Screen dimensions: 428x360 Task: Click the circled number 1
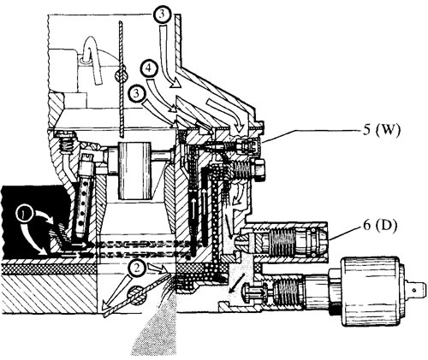pyautogui.click(x=24, y=215)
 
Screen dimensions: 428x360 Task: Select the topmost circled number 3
pyautogui.click(x=162, y=15)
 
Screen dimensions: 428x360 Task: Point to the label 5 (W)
pyautogui.click(x=382, y=130)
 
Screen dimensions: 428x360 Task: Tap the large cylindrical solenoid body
pyautogui.click(x=371, y=292)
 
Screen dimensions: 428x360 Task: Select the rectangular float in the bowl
pyautogui.click(x=134, y=170)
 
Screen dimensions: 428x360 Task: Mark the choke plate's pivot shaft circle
pyautogui.click(x=121, y=76)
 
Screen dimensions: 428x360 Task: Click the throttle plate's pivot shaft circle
pyautogui.click(x=136, y=296)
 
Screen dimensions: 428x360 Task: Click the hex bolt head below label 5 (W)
pyautogui.click(x=258, y=170)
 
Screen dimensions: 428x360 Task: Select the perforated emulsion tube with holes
pyautogui.click(x=83, y=204)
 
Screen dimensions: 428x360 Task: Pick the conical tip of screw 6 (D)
pyautogui.click(x=239, y=240)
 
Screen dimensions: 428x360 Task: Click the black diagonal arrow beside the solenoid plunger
pyautogui.click(x=236, y=282)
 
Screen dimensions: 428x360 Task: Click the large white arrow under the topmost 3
pyautogui.click(x=169, y=56)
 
